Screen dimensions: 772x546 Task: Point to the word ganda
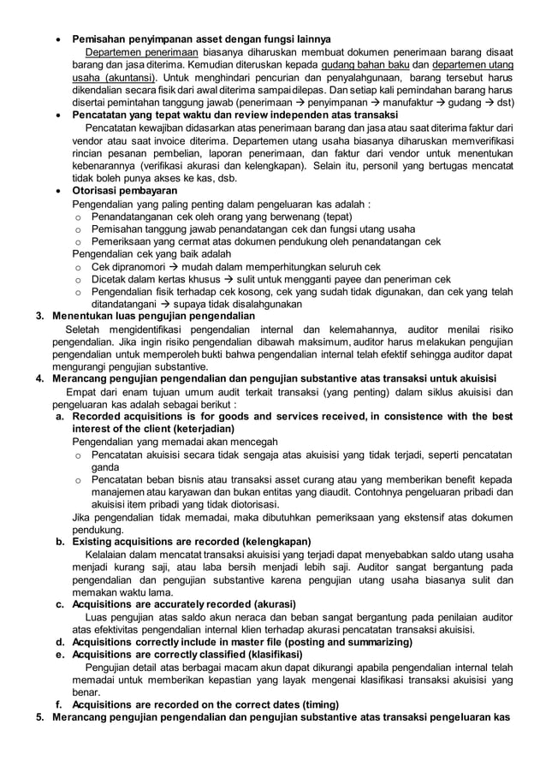[x=104, y=468]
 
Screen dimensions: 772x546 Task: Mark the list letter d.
[x=60, y=642]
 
